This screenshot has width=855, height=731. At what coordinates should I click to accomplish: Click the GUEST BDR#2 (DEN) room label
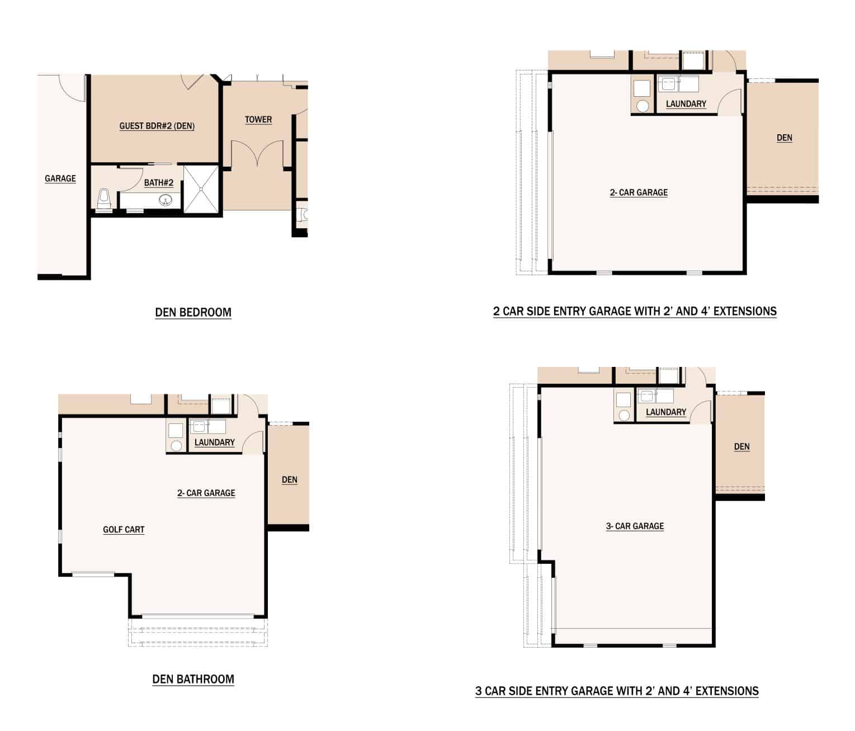(157, 126)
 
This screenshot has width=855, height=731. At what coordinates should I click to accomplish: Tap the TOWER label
(258, 120)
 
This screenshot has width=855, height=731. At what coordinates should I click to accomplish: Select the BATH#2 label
(158, 182)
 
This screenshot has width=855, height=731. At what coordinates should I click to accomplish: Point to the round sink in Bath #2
(166, 201)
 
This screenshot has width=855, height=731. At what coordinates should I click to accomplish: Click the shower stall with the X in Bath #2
(201, 189)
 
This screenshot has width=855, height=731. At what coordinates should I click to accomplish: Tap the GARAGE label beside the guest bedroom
(60, 178)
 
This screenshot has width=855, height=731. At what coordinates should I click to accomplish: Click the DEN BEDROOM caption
(193, 312)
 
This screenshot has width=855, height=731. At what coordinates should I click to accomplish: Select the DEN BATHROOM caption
(193, 680)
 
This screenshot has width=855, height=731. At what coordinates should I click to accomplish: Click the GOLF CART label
(124, 530)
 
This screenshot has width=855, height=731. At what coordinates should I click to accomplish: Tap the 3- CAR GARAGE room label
(635, 526)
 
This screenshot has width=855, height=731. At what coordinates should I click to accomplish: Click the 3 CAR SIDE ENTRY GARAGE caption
(617, 691)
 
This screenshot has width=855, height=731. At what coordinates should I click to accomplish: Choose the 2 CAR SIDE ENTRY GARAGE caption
(635, 311)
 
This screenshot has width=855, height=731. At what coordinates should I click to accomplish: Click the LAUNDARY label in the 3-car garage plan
(666, 412)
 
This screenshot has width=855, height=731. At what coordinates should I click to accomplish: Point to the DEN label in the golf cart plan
(290, 479)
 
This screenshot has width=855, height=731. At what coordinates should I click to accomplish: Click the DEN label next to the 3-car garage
(741, 446)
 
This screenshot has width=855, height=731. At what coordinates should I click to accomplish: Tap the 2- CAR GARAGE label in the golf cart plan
(206, 493)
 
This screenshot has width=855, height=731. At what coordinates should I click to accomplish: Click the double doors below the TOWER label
(257, 153)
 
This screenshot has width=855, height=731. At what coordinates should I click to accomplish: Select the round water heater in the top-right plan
(643, 106)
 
